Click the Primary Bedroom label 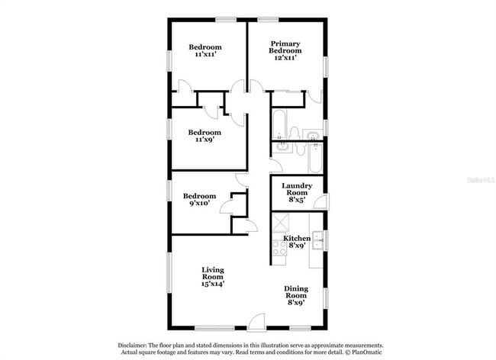point(285,47)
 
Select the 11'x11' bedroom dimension point(205,55)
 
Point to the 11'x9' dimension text point(205,139)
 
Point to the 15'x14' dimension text point(213,283)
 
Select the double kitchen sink point(318,241)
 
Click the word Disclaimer point(135,346)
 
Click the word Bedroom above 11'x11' point(205,47)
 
